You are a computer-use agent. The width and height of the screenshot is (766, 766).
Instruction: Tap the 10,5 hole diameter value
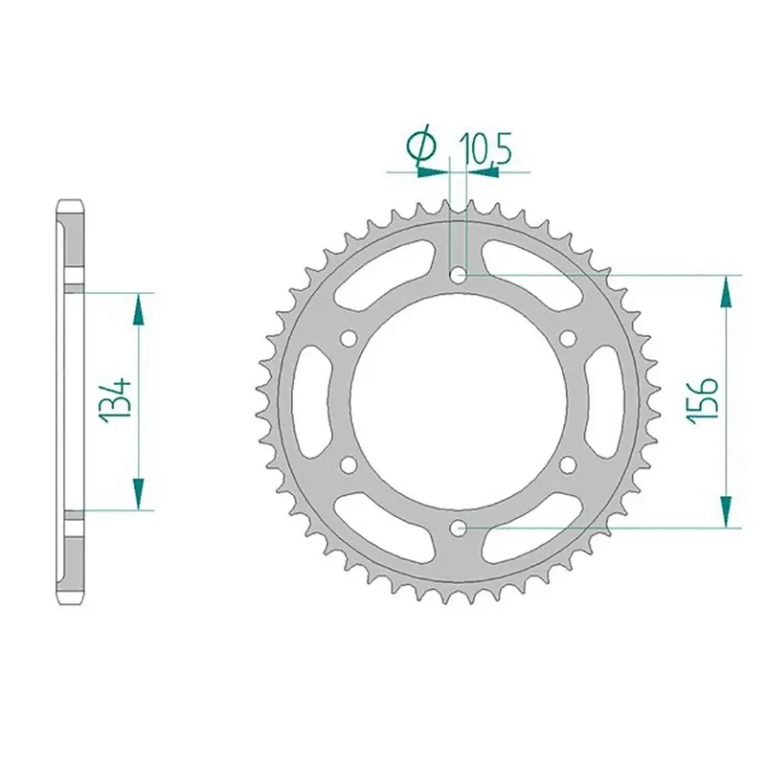484,149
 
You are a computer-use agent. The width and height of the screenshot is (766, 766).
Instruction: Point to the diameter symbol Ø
421,146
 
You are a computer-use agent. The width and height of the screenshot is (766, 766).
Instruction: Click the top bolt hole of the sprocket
458,276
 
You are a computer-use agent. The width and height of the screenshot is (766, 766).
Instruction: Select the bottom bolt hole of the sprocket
458,528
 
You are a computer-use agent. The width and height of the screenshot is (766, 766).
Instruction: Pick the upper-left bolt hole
349,339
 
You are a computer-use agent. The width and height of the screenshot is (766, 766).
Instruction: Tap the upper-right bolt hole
568,338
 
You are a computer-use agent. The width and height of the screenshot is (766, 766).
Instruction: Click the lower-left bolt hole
349,464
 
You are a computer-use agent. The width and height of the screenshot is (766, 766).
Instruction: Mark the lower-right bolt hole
568,464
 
